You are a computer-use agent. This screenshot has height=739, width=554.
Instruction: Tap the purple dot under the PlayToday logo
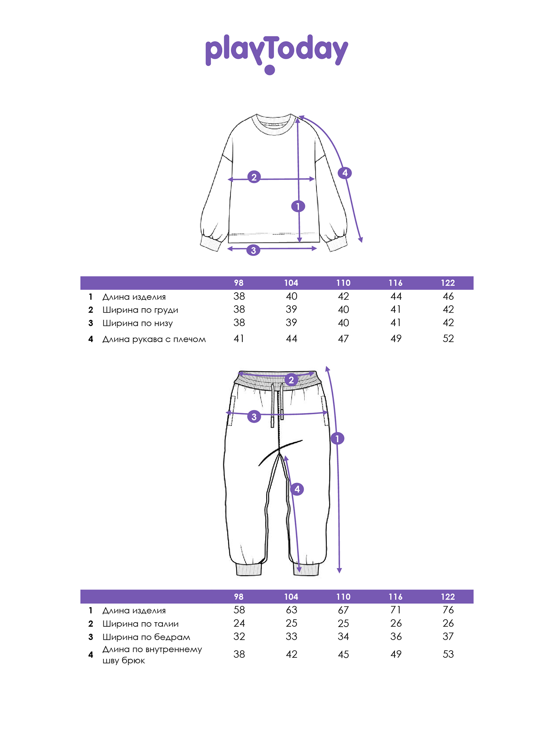coord(270,70)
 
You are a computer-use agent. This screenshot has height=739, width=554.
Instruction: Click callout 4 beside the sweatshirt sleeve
coord(345,173)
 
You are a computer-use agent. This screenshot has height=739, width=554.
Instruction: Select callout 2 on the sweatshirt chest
coord(254,177)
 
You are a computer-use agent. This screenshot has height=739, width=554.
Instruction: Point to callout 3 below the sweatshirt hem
coord(253,250)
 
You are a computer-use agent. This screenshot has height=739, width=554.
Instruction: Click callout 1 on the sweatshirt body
coord(298,206)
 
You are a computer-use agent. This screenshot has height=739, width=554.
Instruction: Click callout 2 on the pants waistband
coord(291,380)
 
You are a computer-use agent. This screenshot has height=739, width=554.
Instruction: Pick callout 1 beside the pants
coord(337,439)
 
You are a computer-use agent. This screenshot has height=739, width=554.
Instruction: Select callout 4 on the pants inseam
coord(297,489)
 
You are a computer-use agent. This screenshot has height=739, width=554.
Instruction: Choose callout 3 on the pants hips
coord(254,417)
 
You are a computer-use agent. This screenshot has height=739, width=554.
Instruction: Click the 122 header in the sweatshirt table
coord(448,283)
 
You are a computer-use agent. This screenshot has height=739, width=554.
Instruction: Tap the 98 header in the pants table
coord(239,597)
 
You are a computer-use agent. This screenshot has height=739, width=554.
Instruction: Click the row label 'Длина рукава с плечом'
coord(154,339)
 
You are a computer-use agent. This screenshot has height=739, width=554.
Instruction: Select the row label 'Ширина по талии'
coord(140,624)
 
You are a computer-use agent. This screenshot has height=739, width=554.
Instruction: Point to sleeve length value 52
coord(448,338)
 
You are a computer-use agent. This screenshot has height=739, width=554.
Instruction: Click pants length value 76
coord(448,610)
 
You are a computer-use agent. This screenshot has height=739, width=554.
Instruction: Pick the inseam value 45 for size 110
coord(343,654)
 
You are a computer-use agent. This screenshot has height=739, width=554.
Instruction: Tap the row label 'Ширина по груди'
coord(140,310)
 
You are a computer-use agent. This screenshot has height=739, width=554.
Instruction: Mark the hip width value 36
coord(396,636)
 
